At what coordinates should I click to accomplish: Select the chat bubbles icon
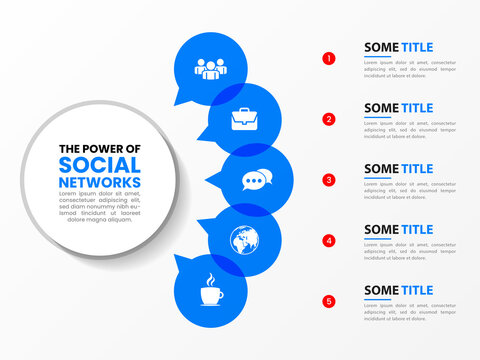tap(255, 181)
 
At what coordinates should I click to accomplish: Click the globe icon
tap(243, 241)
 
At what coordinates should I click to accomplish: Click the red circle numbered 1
tap(329, 58)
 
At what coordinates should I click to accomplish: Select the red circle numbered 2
tap(329, 119)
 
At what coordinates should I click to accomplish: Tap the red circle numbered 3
tap(329, 180)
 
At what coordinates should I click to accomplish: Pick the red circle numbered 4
tap(329, 240)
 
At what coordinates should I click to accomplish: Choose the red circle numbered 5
tap(329, 301)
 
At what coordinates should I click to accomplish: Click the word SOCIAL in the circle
tap(100, 165)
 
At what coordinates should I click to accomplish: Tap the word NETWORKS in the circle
tap(100, 183)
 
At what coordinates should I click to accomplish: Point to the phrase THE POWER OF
tap(100, 148)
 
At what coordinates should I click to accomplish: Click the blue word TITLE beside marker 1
tap(417, 47)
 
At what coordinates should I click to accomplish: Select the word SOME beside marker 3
tap(381, 169)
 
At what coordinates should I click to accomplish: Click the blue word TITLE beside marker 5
tap(417, 290)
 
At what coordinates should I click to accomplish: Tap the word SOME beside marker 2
tap(381, 108)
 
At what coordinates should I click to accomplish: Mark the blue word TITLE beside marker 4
tap(417, 229)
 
